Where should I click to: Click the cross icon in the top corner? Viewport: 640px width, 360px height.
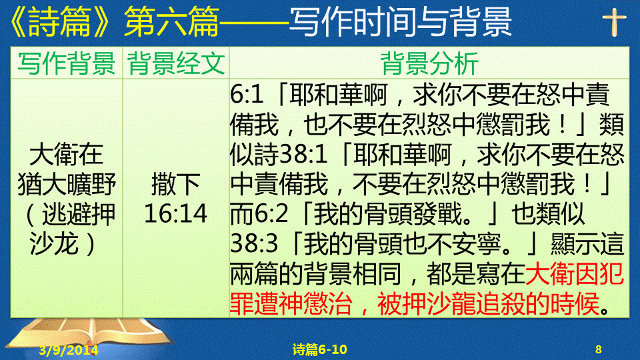click(x=614, y=23)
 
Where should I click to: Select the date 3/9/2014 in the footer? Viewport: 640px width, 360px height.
click(x=69, y=350)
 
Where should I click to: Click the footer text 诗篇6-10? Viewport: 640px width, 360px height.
click(x=319, y=349)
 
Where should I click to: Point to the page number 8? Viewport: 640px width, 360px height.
click(x=599, y=349)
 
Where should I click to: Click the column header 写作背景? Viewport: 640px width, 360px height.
click(x=67, y=63)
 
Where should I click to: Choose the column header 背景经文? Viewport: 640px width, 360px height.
click(x=176, y=63)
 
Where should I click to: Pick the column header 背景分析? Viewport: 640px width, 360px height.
click(x=429, y=63)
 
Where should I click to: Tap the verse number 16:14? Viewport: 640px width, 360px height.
click(x=176, y=213)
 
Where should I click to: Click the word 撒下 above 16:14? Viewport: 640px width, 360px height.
click(x=176, y=184)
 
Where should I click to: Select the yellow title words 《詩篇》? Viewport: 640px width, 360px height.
click(x=59, y=21)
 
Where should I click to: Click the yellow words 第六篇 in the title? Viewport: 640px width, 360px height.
click(x=171, y=21)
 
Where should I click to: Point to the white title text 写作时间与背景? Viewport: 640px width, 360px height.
click(x=401, y=21)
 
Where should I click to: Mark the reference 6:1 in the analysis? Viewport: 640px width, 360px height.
click(x=247, y=95)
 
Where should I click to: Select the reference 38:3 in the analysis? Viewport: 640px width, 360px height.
click(x=254, y=244)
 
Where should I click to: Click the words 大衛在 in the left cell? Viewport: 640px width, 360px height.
click(x=67, y=154)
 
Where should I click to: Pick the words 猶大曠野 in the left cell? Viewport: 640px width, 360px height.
click(x=67, y=184)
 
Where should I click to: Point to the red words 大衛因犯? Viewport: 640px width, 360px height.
click(x=575, y=274)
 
